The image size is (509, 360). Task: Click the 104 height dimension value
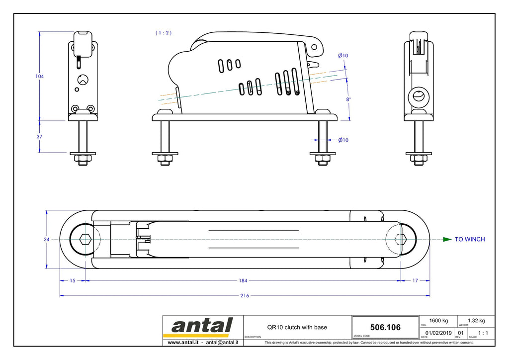[40, 76]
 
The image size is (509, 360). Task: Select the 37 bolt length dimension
[39, 137]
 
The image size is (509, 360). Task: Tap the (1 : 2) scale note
[164, 33]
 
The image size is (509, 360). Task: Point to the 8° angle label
[348, 99]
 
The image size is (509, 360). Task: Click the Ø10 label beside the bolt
[343, 140]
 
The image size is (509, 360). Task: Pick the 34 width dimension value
[47, 240]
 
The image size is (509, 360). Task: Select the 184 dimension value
[243, 280]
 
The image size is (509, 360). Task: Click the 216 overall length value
[245, 296]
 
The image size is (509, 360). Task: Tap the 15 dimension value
[73, 280]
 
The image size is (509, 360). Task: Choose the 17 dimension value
[415, 280]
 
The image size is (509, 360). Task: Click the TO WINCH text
[470, 239]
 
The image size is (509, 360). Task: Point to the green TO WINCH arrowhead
[447, 240]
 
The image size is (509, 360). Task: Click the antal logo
[202, 326]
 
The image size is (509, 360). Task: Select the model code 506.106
[385, 327]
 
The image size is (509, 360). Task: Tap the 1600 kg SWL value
[438, 321]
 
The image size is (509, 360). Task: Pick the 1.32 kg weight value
[476, 321]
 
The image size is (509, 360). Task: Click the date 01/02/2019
[438, 333]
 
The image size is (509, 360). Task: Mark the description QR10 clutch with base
[297, 327]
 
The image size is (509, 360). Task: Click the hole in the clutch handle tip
[314, 47]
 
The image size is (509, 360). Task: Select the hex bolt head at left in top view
[85, 240]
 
